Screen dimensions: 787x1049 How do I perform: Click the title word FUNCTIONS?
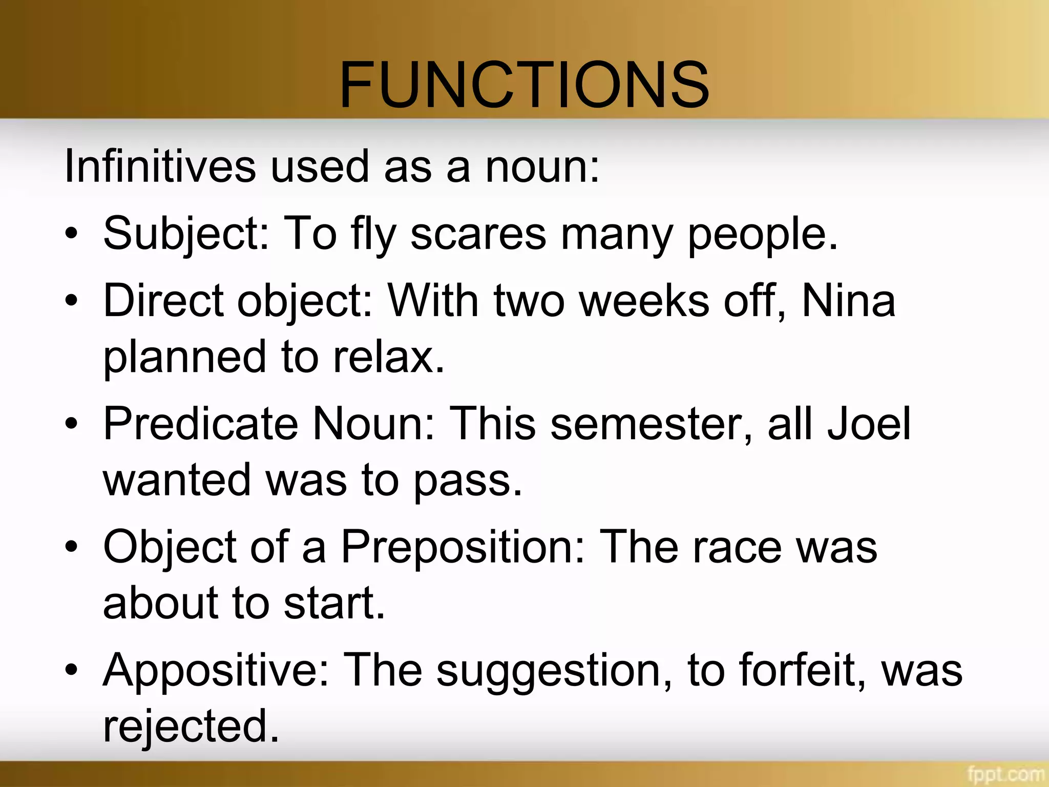pyautogui.click(x=524, y=85)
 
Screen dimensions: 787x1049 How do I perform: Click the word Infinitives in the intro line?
pyautogui.click(x=160, y=167)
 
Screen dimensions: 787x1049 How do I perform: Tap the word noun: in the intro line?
pyautogui.click(x=542, y=167)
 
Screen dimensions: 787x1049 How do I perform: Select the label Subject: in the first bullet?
pyautogui.click(x=185, y=234)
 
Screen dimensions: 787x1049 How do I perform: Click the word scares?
pyautogui.click(x=478, y=234)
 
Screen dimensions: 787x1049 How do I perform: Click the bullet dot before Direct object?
pyautogui.click(x=72, y=301)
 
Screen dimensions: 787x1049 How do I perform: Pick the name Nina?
pyautogui.click(x=848, y=301)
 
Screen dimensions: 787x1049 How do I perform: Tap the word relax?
pyautogui.click(x=388, y=357)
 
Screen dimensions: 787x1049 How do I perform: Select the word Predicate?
pyautogui.click(x=200, y=423)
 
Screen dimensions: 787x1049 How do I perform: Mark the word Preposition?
pyautogui.click(x=463, y=547)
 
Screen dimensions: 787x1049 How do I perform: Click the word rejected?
pyautogui.click(x=191, y=727)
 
